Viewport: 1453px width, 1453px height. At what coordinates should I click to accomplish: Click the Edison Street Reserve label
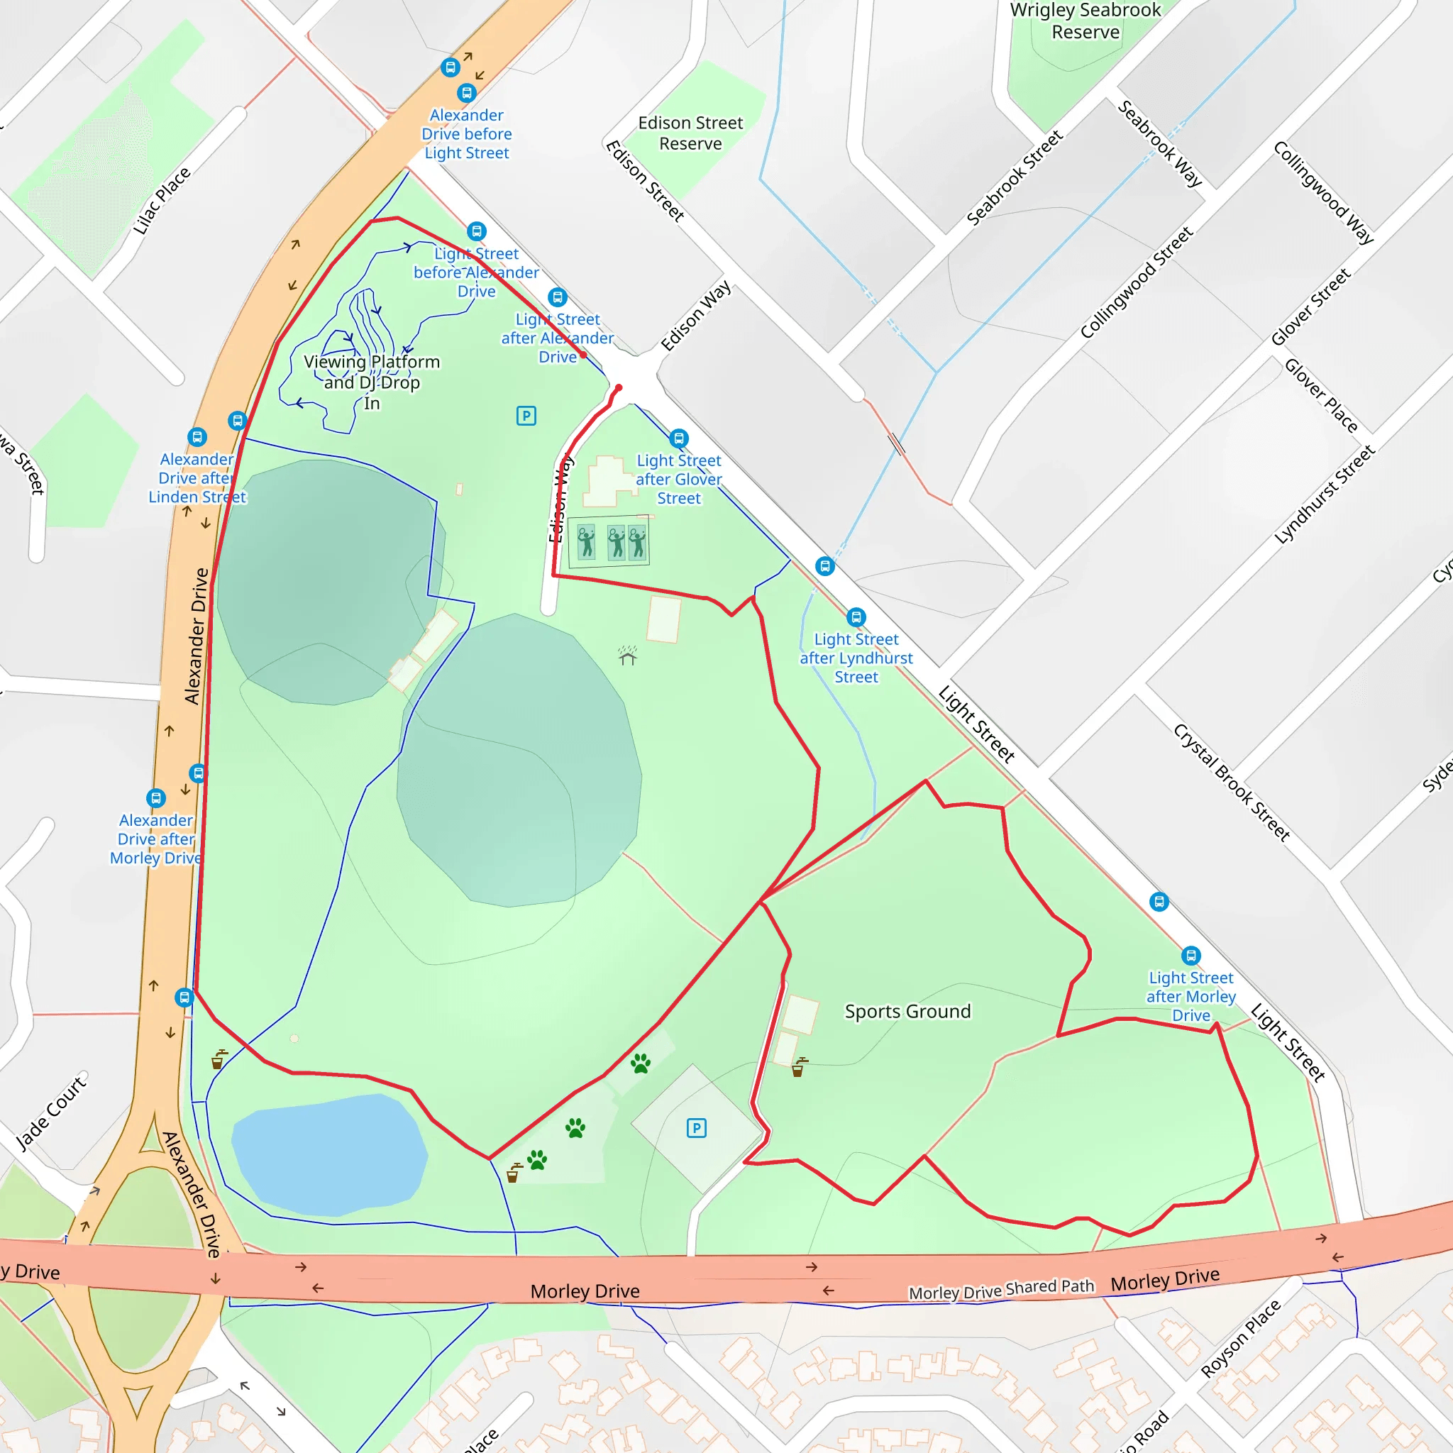(x=690, y=133)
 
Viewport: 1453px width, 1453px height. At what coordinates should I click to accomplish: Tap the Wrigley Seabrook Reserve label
(x=1085, y=21)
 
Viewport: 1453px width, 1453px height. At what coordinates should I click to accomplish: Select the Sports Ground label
(x=907, y=1011)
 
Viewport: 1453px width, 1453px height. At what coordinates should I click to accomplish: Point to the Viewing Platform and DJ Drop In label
(x=372, y=382)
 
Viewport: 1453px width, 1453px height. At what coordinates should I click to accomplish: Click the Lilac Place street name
(x=162, y=201)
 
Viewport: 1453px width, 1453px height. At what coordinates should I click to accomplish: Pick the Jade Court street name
(x=51, y=1112)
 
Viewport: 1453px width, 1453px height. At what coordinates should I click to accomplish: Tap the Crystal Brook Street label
(x=1231, y=782)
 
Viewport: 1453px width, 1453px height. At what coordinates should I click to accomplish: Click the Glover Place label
(x=1320, y=396)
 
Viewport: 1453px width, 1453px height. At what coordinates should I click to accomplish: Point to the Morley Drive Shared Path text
(x=1001, y=1290)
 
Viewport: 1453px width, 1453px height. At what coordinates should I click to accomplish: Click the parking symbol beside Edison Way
(x=526, y=416)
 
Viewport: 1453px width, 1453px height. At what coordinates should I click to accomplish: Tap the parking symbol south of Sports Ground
(x=697, y=1128)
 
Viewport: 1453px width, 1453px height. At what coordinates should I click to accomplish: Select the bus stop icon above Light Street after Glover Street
(x=679, y=438)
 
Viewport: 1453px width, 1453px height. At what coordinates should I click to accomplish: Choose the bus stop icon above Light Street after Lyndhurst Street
(x=856, y=617)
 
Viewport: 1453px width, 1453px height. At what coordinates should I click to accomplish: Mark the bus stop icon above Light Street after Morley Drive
(x=1190, y=956)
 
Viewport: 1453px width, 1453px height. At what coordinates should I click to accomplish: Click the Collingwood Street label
(x=1136, y=283)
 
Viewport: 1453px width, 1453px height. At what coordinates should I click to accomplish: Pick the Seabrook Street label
(x=1014, y=178)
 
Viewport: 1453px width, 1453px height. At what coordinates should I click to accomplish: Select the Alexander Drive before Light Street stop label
(x=466, y=134)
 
